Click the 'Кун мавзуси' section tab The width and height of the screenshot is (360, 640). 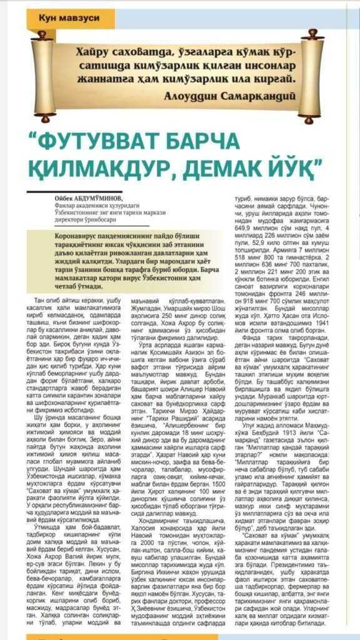click(x=69, y=18)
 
